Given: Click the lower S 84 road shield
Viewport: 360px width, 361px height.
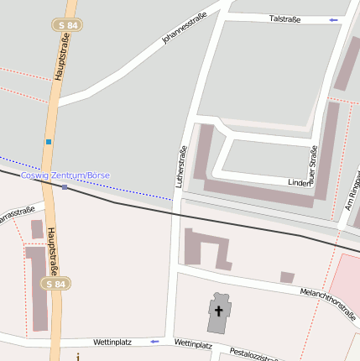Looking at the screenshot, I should (x=55, y=284).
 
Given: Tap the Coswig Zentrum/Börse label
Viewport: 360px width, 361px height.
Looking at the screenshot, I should (x=65, y=175).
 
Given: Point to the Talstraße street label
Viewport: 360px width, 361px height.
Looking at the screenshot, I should (x=284, y=18).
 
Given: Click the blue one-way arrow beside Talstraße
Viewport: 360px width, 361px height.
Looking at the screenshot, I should (x=334, y=18).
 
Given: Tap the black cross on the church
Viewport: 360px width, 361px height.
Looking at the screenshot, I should (x=219, y=311).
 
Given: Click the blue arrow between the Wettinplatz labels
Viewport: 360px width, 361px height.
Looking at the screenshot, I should (x=154, y=342).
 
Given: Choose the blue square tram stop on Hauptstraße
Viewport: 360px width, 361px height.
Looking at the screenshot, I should (x=49, y=141).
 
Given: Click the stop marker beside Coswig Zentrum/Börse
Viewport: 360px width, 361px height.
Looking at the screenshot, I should (x=65, y=186).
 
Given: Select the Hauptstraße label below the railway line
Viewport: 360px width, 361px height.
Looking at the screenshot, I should (x=52, y=252).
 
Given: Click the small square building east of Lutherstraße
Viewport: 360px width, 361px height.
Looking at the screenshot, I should (x=287, y=277).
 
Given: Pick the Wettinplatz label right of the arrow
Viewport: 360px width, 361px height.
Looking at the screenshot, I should (x=193, y=344).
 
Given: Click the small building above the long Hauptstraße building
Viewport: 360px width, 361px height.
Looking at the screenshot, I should (x=37, y=228).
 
